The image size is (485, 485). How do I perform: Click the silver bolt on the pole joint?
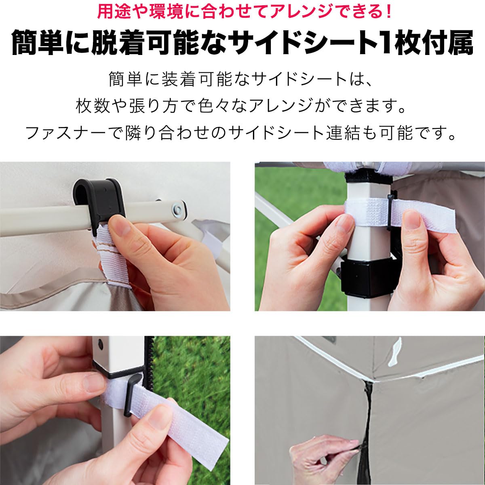click(177, 209)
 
